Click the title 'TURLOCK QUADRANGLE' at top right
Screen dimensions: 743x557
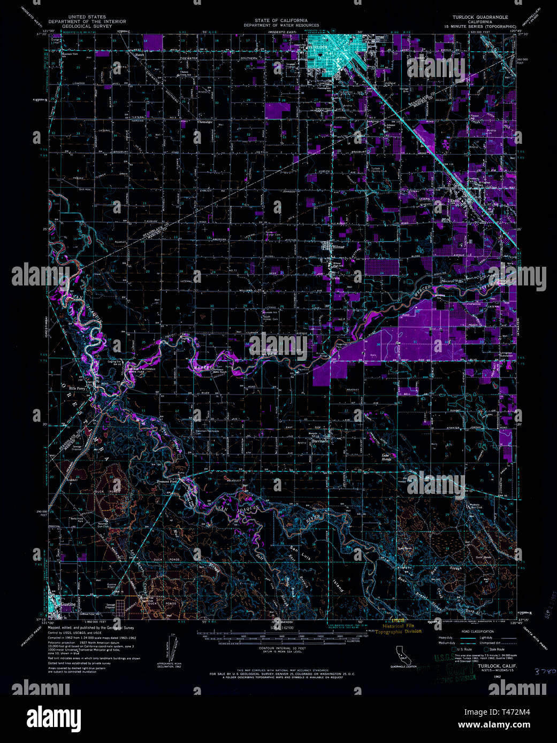480,17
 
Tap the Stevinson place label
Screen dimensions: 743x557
319,441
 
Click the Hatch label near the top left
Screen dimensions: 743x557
140,55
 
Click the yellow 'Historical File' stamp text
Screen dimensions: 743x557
401,625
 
